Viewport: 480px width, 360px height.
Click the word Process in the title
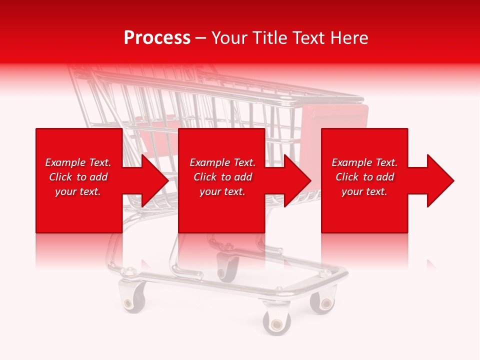click(x=157, y=38)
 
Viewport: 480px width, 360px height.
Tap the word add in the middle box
click(x=242, y=177)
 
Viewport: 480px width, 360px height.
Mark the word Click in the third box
click(x=347, y=177)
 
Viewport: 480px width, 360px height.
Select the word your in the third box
click(x=352, y=191)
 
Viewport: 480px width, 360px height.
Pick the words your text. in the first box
click(x=78, y=191)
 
